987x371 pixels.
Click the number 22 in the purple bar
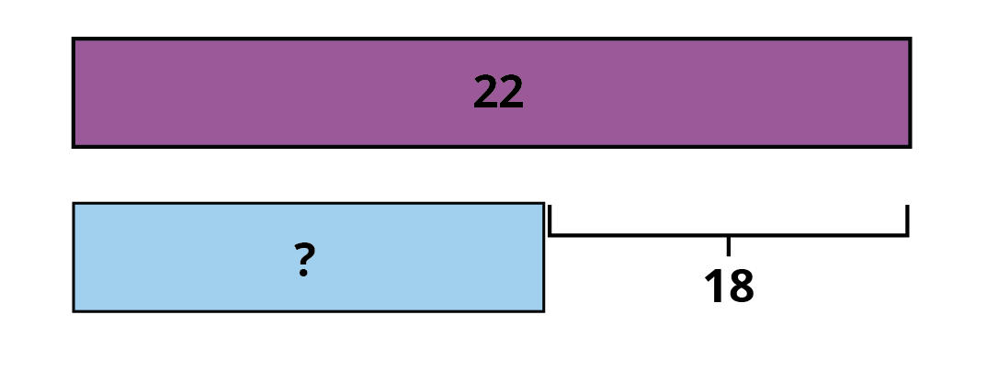click(x=498, y=92)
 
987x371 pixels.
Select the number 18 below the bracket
click(x=728, y=286)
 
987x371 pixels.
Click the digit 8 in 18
click(x=741, y=286)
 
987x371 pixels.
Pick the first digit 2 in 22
click(x=485, y=92)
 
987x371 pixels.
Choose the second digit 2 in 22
click(x=511, y=92)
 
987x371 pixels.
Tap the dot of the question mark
click(x=303, y=273)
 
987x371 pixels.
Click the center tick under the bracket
click(x=728, y=246)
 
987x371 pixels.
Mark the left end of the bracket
click(x=550, y=206)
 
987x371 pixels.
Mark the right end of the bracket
click(x=907, y=206)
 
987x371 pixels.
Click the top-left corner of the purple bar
click(x=73, y=39)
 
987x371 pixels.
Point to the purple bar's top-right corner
click(x=911, y=39)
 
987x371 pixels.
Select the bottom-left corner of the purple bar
click(x=73, y=148)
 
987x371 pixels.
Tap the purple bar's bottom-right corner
click(x=911, y=148)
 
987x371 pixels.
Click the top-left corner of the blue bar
click(x=74, y=203)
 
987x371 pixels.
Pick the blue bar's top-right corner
click(x=544, y=203)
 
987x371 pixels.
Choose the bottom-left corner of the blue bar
click(x=74, y=311)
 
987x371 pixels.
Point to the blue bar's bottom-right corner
click(x=544, y=311)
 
